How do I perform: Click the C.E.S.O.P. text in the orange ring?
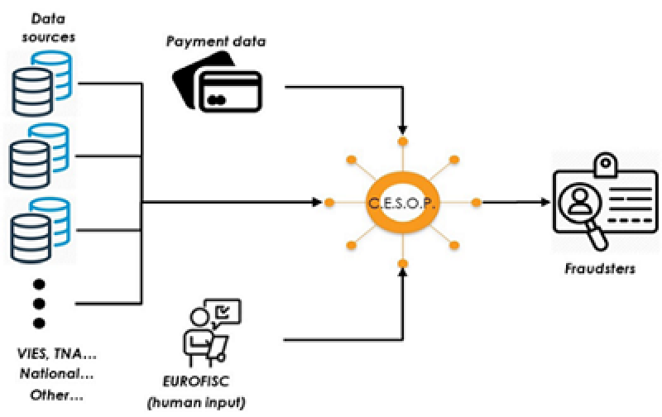[402, 202]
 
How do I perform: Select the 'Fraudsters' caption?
[600, 269]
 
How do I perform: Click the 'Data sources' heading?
[47, 26]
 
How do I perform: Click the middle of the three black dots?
[38, 303]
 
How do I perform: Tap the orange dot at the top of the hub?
[403, 141]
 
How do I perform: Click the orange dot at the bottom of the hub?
[403, 263]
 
